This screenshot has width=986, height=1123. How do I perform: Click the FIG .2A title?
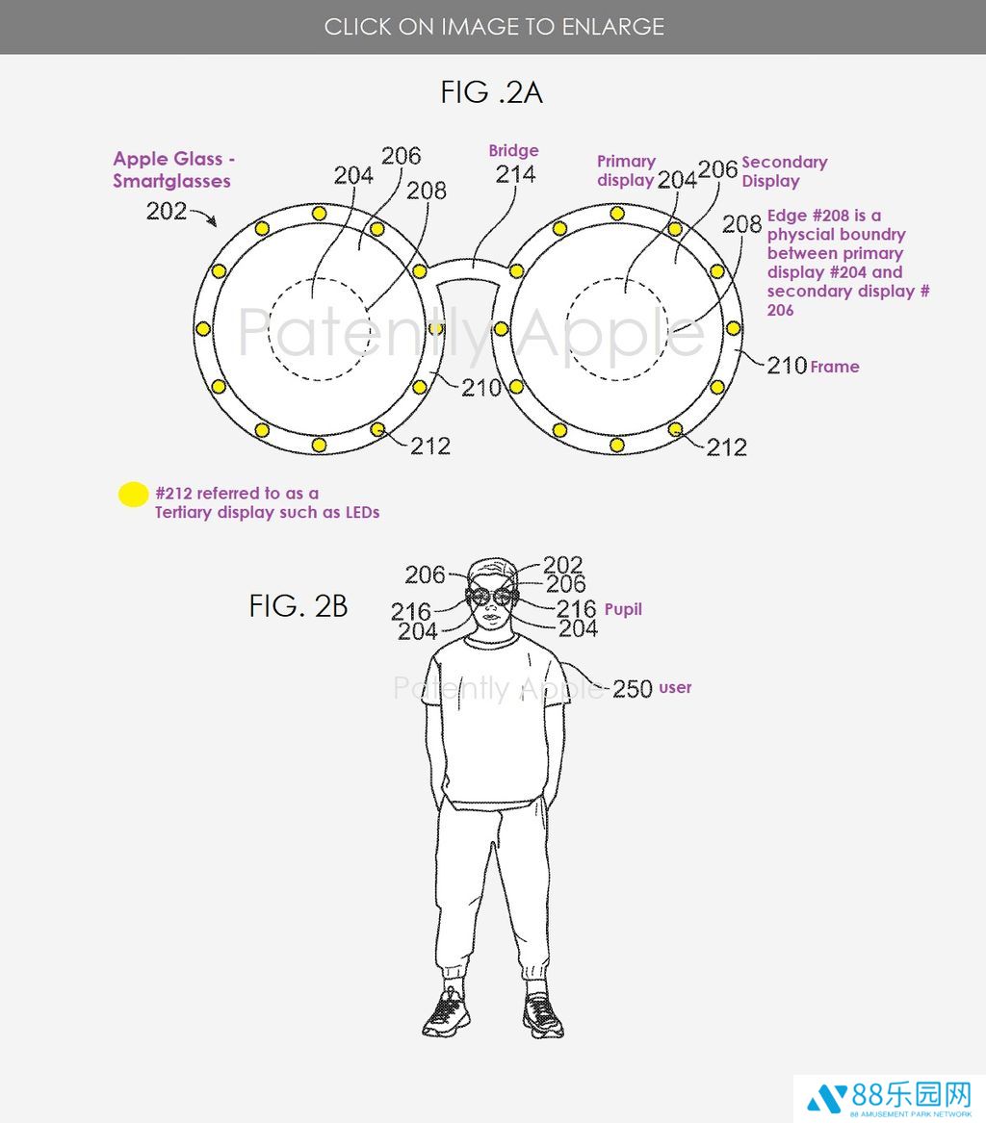tap(492, 92)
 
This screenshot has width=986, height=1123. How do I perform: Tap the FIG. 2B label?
tap(298, 606)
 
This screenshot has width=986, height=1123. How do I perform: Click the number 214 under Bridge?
tap(515, 174)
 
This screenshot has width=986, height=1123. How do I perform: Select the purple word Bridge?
tap(513, 150)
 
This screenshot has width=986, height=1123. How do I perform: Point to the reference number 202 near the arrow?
tap(167, 211)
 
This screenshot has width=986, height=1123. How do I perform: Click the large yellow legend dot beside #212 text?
tap(133, 495)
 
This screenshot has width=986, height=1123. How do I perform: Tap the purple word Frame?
tap(835, 367)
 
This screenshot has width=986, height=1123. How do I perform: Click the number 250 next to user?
tap(632, 689)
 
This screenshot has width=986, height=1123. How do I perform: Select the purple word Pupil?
tap(623, 609)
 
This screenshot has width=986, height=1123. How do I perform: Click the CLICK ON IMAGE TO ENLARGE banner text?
tap(494, 27)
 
